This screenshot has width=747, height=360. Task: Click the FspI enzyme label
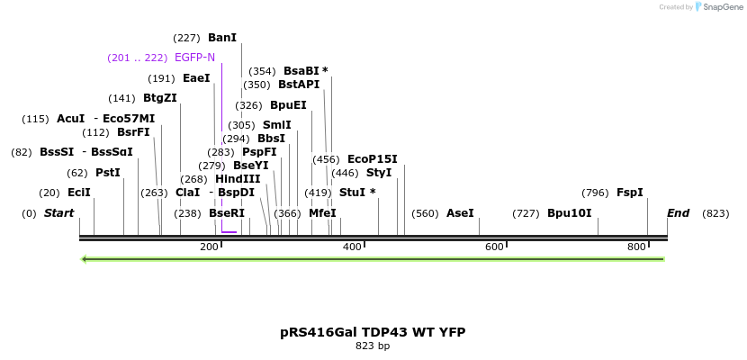coord(629,193)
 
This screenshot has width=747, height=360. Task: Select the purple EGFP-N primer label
coord(194,58)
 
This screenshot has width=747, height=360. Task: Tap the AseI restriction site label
coord(460,213)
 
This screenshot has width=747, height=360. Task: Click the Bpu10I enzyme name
coord(569,213)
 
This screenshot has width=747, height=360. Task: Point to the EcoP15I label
coord(372,159)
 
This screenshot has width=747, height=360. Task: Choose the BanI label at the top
coord(221,38)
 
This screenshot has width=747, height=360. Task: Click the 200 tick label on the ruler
coord(209,247)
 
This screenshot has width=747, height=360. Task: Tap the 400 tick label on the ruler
coord(352,247)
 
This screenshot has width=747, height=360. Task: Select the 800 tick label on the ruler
coord(636,247)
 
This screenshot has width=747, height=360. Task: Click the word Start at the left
coord(58,213)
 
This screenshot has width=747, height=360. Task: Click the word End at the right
coord(678,213)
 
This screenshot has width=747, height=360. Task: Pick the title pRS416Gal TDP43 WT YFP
coord(373,332)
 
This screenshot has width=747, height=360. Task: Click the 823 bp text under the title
coord(373,346)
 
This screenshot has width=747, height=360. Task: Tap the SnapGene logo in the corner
coord(715,7)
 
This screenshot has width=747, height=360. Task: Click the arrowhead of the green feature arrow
coord(84,259)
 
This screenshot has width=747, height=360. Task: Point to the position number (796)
coord(595,193)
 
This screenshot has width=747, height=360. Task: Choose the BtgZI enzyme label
coord(159,98)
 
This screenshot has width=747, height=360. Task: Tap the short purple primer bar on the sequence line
coord(229,232)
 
